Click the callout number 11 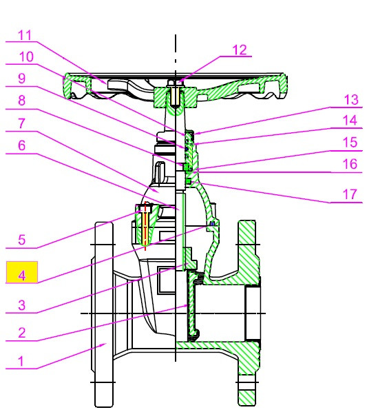pyautogui.click(x=25, y=35)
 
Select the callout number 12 pyautogui.click(x=240, y=50)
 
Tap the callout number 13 pyautogui.click(x=351, y=100)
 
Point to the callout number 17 pyautogui.click(x=350, y=194)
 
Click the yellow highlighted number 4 pyautogui.click(x=22, y=276)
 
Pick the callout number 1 pyautogui.click(x=21, y=361)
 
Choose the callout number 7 pyautogui.click(x=22, y=123)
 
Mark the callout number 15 pyautogui.click(x=350, y=142)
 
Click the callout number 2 pyautogui.click(x=22, y=332)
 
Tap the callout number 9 pyautogui.click(x=22, y=79)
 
